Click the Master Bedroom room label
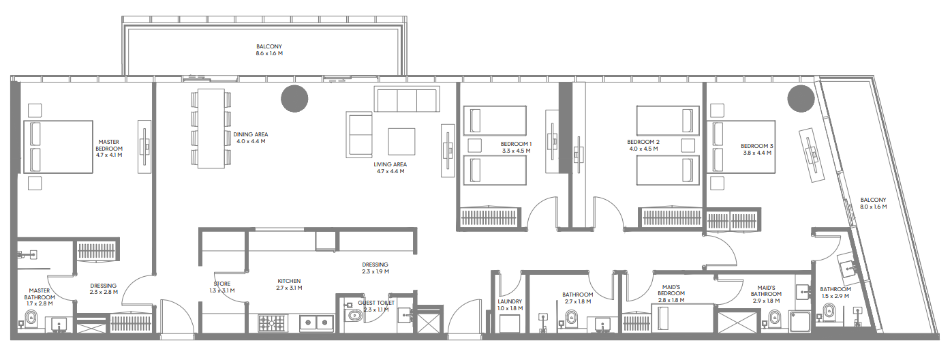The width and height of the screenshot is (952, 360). point(109,145)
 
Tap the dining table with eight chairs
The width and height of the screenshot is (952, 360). point(211,128)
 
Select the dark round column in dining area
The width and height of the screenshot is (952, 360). point(294,99)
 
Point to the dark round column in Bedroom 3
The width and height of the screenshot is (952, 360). point(801,99)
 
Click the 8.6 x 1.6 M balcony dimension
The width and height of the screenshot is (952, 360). point(269,54)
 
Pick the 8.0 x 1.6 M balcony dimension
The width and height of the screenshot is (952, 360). point(874,207)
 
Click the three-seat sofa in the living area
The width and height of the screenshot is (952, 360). point(407,99)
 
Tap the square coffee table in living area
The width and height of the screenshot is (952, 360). point(401,142)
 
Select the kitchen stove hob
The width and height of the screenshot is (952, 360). point(272,323)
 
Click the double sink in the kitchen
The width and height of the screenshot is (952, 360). point(317,323)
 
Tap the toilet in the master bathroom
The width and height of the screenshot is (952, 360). point(31,318)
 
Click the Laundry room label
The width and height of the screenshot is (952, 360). point(510,301)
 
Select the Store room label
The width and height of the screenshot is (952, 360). point(222,284)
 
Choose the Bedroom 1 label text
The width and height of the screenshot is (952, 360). point(516,144)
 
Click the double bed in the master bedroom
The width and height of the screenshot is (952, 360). point(58,147)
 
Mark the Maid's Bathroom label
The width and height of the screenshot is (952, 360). point(766,290)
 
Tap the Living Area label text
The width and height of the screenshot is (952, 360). point(390,164)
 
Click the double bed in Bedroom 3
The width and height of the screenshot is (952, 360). point(741,147)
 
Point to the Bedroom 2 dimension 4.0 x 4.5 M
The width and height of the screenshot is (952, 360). point(643,149)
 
